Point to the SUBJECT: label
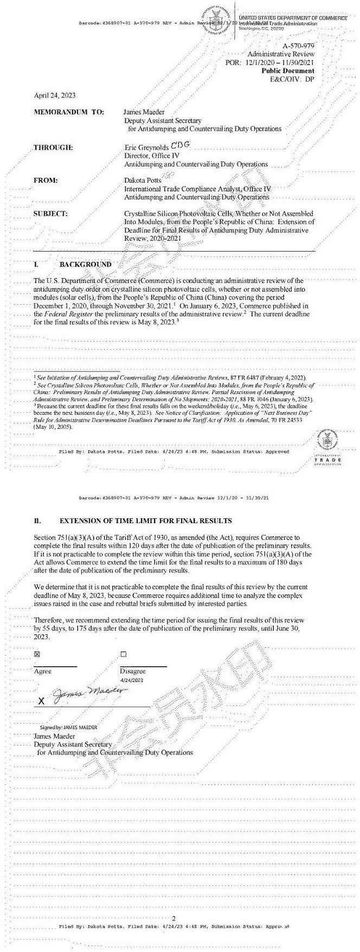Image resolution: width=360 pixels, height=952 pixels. [x=50, y=214]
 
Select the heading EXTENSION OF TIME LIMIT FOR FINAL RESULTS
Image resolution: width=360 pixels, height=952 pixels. [x=145, y=521]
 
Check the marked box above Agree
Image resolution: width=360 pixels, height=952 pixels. [x=37, y=654]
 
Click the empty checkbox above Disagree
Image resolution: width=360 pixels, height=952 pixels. [x=123, y=654]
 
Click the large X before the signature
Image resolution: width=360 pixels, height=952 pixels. [x=41, y=701]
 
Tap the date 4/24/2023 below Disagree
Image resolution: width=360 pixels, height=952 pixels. [x=132, y=680]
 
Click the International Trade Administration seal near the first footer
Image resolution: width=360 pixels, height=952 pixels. [x=327, y=439]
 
